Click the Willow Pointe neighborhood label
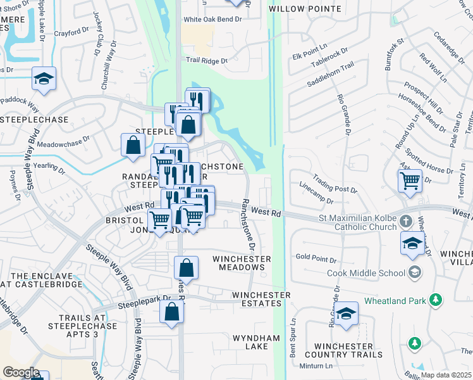click(x=305, y=9)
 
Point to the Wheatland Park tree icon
click(x=435, y=300)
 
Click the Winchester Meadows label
click(x=242, y=263)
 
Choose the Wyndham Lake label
click(x=256, y=343)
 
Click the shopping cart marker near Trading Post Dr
click(x=410, y=181)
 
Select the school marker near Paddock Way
click(x=44, y=80)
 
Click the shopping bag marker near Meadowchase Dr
click(x=133, y=146)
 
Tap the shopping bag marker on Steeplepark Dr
click(x=172, y=313)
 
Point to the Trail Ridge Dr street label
click(x=207, y=61)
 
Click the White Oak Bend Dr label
click(x=213, y=20)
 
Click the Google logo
click(x=21, y=372)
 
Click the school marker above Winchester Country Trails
click(x=346, y=315)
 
